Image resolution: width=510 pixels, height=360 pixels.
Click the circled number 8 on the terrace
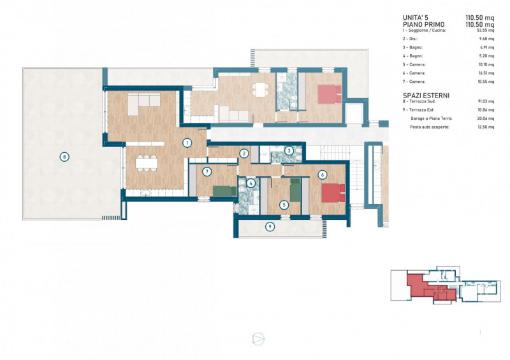pyautogui.click(x=64, y=156)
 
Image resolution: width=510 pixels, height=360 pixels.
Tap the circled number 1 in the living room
pyautogui.click(x=187, y=143)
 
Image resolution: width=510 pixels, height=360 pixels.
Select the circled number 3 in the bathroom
pyautogui.click(x=289, y=151)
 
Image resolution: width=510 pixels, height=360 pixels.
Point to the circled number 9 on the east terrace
pyautogui.click(x=270, y=226)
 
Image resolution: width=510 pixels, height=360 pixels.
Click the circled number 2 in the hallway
pyautogui.click(x=244, y=153)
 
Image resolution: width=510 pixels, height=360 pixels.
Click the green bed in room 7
pyautogui.click(x=224, y=189)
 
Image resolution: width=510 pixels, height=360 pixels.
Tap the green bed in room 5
pyautogui.click(x=295, y=190)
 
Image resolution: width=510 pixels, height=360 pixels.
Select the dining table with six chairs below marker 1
pyautogui.click(x=146, y=162)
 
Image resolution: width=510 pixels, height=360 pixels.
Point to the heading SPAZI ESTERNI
pyautogui.click(x=426, y=95)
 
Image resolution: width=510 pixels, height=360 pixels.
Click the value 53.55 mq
pyautogui.click(x=486, y=31)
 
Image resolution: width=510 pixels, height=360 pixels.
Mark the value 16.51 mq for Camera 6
pyautogui.click(x=486, y=73)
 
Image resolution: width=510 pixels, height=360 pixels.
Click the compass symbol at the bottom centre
pyautogui.click(x=258, y=338)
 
